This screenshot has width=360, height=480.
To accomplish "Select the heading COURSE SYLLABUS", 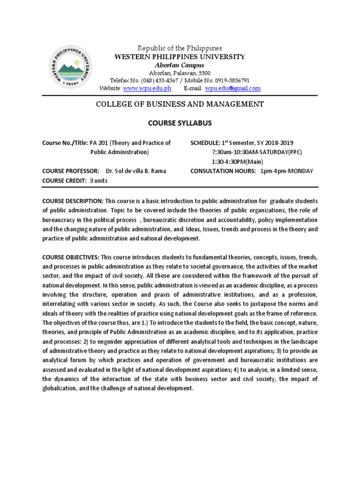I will point(180,123).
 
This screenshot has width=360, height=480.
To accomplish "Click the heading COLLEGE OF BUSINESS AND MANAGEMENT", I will point(180,104).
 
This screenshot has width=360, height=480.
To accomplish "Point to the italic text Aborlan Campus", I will point(180,65).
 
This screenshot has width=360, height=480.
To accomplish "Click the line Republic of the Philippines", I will point(180,48).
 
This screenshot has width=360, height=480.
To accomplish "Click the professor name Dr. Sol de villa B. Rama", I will point(135,171).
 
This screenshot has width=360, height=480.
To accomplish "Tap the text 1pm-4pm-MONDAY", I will point(287,171).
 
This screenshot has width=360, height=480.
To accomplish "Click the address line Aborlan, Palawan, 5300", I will point(180,73).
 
